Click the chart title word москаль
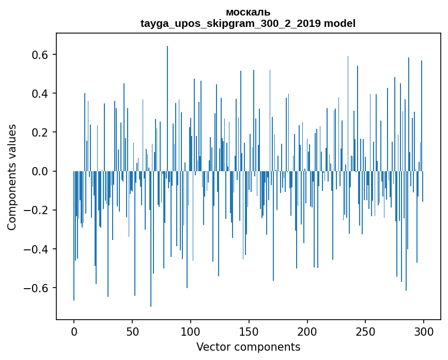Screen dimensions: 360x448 pyautogui.click(x=248, y=12)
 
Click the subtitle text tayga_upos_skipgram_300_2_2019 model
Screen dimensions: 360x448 pyautogui.click(x=248, y=23)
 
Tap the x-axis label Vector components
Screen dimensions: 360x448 pyautogui.click(x=248, y=347)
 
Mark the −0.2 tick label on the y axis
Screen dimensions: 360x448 pyautogui.click(x=37, y=210)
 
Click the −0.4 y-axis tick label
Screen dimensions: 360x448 pyautogui.click(x=37, y=249)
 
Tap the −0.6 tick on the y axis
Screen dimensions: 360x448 pyautogui.click(x=37, y=288)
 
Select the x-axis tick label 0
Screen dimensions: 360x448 pyautogui.click(x=74, y=331)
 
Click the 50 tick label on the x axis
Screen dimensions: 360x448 pyautogui.click(x=132, y=331)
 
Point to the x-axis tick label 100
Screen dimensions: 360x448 pyautogui.click(x=191, y=331)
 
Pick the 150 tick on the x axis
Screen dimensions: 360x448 pyautogui.click(x=249, y=331)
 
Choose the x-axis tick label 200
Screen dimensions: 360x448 pyautogui.click(x=307, y=331)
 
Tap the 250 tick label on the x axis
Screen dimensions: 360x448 pyautogui.click(x=366, y=331)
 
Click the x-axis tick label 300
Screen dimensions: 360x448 pyautogui.click(x=424, y=331)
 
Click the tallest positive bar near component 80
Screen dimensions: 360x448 pyautogui.click(x=167, y=103)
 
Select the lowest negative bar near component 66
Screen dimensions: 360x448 pyautogui.click(x=151, y=243)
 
